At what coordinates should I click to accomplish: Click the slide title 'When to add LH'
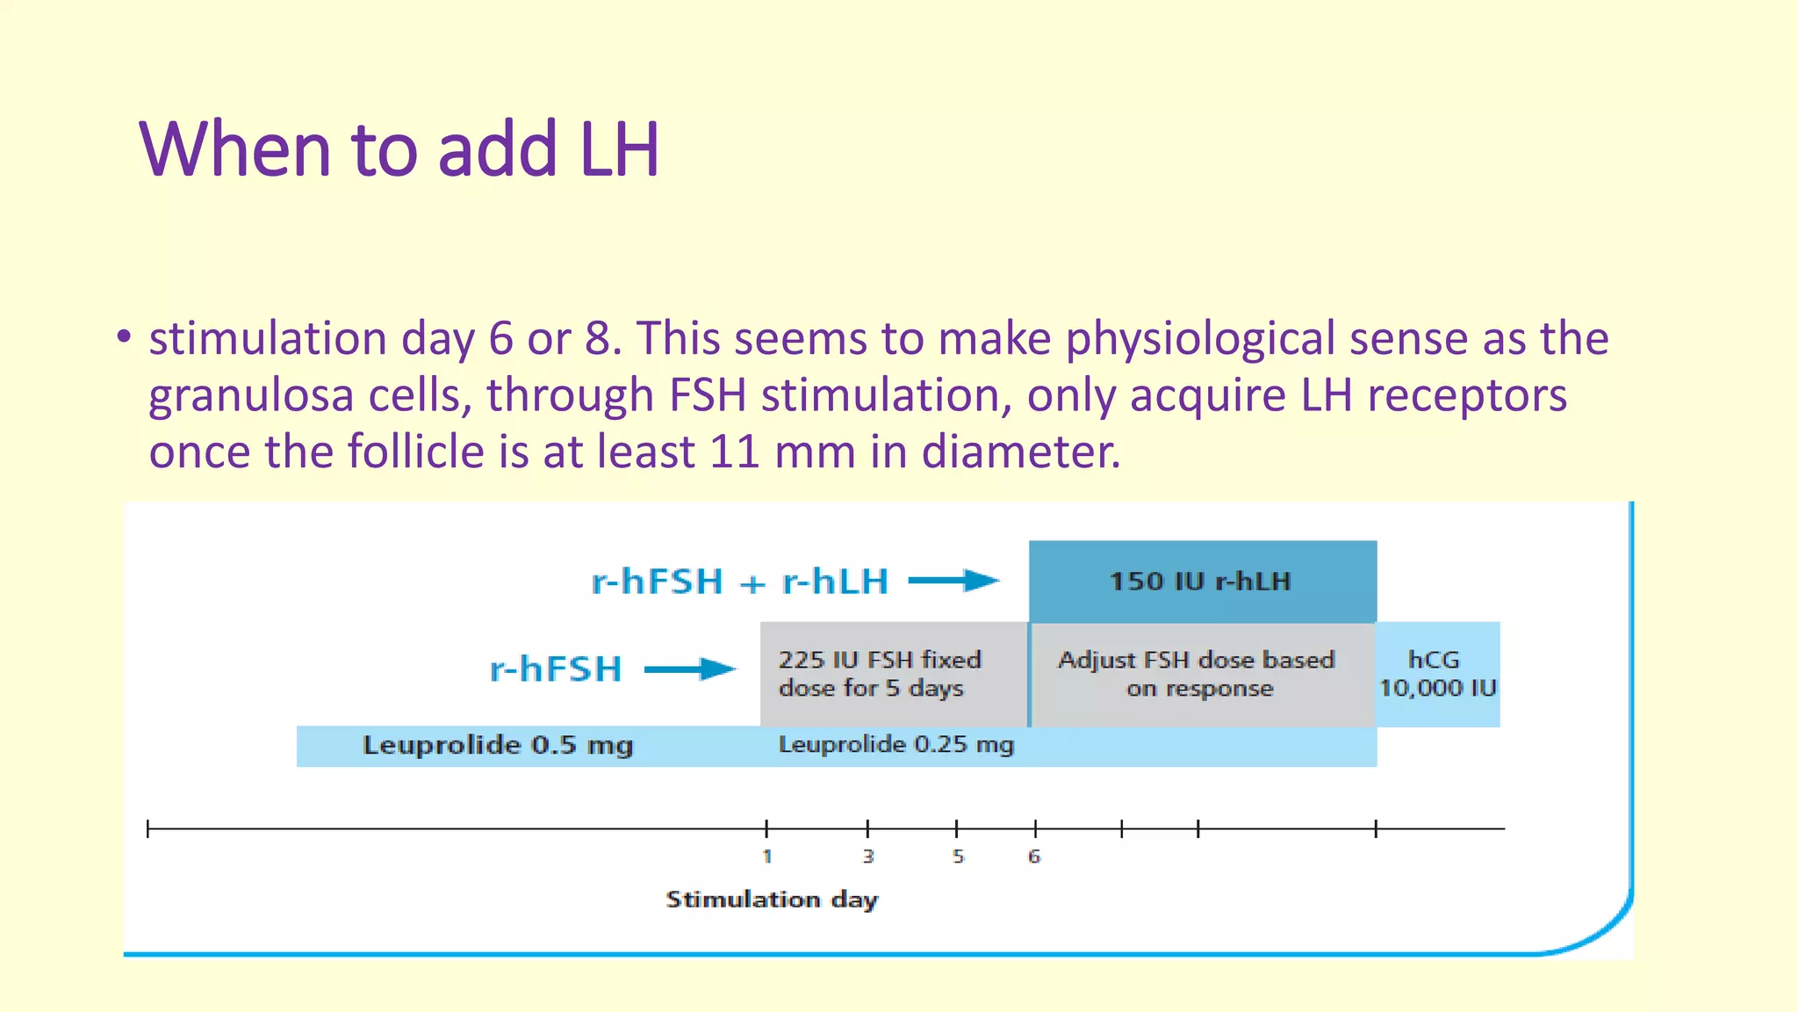tap(399, 148)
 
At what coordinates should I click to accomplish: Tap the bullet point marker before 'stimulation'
tap(124, 337)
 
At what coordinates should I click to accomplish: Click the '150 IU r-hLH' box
tap(1202, 581)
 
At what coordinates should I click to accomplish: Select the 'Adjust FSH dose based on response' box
tap(1199, 674)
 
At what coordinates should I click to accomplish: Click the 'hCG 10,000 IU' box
tap(1437, 674)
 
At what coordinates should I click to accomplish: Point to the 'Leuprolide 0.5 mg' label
tap(498, 746)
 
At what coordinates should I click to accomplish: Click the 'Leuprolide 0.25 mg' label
tap(895, 745)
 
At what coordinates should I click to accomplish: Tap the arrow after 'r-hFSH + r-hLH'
tap(953, 581)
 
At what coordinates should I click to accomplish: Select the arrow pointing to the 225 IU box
tap(690, 670)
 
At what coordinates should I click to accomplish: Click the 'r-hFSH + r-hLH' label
tap(740, 582)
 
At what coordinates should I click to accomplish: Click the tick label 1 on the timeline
tap(767, 857)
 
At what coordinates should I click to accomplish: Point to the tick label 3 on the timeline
tap(868, 857)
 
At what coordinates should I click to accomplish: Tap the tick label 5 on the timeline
tap(958, 857)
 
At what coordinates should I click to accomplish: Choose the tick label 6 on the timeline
tap(1035, 857)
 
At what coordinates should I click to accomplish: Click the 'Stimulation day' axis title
tap(772, 900)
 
